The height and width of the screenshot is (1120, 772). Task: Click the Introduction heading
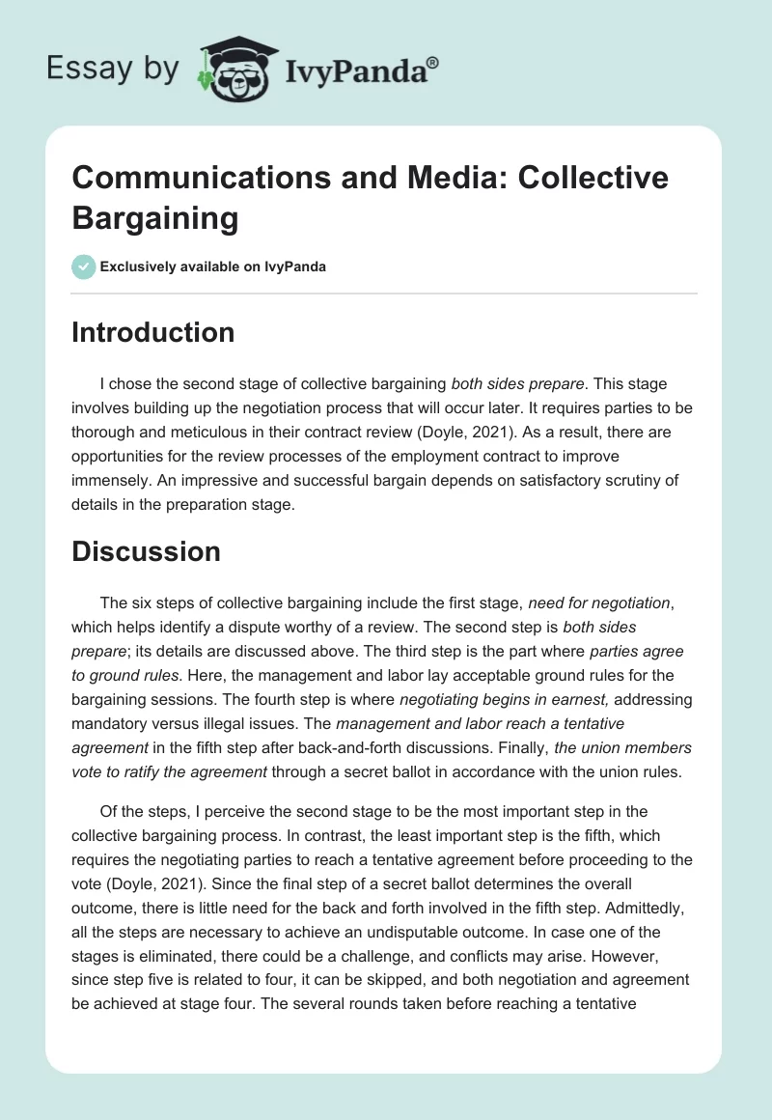(x=152, y=332)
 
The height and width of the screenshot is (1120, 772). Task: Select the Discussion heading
(x=146, y=551)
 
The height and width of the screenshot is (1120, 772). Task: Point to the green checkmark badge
(x=84, y=266)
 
